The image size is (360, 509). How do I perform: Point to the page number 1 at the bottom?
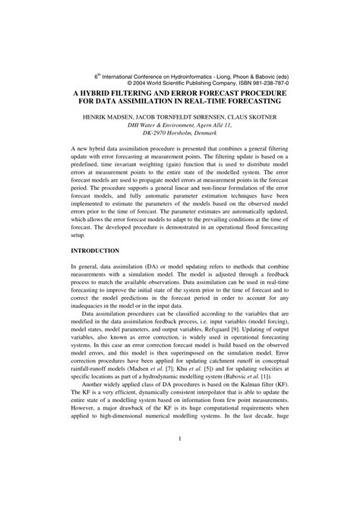tap(179, 481)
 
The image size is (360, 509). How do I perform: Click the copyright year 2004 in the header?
tap(165, 84)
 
